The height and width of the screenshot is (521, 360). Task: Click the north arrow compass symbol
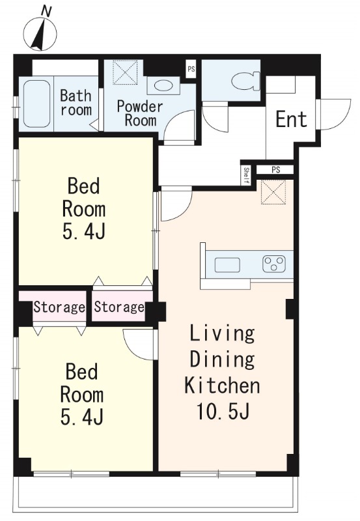click(x=40, y=34)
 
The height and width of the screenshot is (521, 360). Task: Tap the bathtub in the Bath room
click(x=37, y=104)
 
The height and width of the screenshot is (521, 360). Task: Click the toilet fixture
click(x=246, y=81)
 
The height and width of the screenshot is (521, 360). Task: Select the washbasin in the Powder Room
click(x=163, y=85)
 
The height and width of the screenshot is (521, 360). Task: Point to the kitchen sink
click(x=227, y=265)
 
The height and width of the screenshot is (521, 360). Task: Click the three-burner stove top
click(x=274, y=264)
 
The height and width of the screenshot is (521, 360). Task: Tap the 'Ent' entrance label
click(x=291, y=119)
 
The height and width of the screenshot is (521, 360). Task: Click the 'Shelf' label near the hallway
click(x=246, y=176)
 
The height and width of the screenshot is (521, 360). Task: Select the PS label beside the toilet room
click(x=191, y=70)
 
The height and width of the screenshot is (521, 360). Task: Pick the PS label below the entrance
click(x=275, y=170)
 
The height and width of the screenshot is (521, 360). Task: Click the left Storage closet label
click(x=59, y=307)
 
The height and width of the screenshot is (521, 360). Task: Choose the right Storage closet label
click(x=119, y=307)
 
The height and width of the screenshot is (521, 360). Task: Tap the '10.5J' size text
click(x=223, y=412)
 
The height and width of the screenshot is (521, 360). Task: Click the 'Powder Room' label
click(x=140, y=113)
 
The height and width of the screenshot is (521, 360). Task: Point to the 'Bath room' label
click(x=76, y=103)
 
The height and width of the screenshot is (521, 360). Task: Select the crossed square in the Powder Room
click(x=125, y=72)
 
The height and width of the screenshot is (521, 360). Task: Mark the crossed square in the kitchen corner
click(x=273, y=192)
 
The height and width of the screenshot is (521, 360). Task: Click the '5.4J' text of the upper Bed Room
click(x=84, y=231)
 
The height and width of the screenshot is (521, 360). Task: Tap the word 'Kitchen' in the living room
click(x=222, y=386)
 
